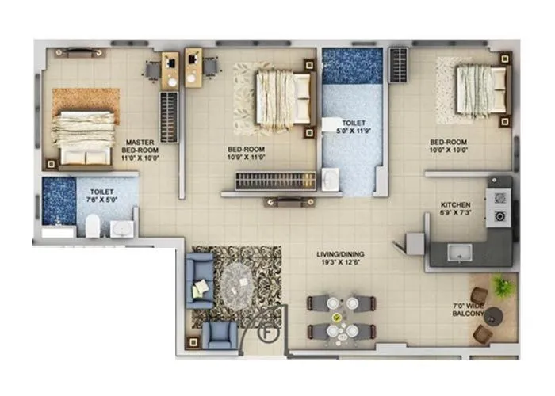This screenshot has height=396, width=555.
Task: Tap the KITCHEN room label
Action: tap(455, 204)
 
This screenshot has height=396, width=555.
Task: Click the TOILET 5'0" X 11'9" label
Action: tap(353, 128)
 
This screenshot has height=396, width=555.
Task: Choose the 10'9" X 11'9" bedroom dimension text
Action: tap(246, 157)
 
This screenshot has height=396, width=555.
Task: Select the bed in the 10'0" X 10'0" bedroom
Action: tap(480, 89)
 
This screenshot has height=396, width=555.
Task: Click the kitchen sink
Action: tap(459, 253)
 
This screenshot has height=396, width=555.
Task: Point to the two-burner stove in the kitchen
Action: tap(500, 206)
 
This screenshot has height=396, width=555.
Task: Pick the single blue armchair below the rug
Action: tap(220, 335)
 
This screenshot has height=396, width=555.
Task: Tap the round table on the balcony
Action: tap(494, 316)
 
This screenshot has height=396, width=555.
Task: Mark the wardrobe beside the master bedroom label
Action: tap(168, 116)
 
